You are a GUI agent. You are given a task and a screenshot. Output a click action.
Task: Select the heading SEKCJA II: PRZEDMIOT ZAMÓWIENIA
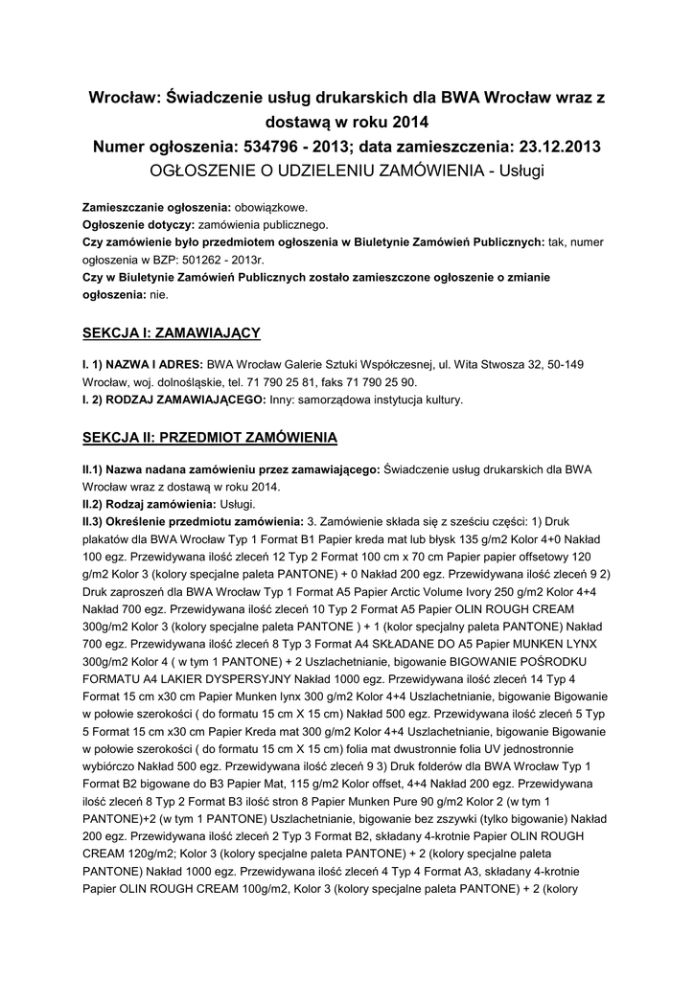[209, 437]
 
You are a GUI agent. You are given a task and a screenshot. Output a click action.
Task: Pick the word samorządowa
[339, 399]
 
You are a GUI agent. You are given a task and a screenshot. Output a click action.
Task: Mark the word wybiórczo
[111, 764]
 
